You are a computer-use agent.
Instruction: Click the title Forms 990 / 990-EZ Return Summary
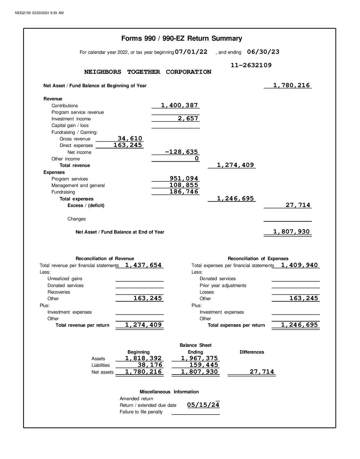(x=182, y=38)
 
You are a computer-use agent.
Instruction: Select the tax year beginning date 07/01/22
(x=191, y=52)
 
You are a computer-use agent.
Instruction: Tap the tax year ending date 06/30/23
(x=263, y=52)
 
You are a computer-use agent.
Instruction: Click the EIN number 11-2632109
(x=251, y=65)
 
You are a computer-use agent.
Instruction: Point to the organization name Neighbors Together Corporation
(x=147, y=72)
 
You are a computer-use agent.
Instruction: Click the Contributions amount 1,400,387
(x=179, y=105)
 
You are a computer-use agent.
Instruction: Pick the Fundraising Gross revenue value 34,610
(x=130, y=139)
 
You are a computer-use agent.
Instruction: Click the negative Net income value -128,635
(x=181, y=152)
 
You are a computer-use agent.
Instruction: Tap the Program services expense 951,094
(x=184, y=179)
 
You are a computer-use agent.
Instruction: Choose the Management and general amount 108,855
(x=184, y=185)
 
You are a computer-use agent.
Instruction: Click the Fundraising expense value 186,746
(x=184, y=192)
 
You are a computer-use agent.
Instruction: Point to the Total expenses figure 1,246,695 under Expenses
(x=235, y=199)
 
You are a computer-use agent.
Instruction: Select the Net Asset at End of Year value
(x=291, y=232)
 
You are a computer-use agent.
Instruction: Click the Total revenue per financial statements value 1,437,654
(x=143, y=265)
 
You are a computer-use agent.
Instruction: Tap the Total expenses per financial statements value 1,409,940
(x=299, y=265)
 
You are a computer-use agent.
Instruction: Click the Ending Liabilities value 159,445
(x=204, y=365)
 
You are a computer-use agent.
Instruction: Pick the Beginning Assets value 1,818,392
(x=143, y=358)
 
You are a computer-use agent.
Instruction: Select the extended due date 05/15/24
(x=203, y=405)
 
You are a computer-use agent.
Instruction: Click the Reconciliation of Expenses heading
(x=258, y=259)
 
